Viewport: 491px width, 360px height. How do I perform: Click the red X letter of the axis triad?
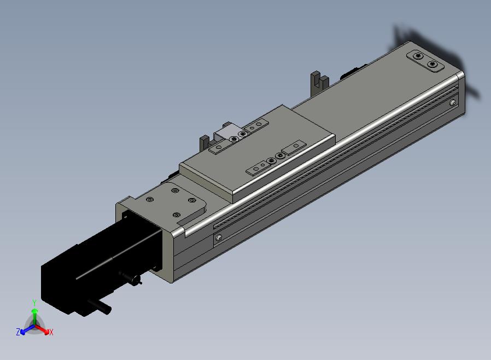tap(51, 332)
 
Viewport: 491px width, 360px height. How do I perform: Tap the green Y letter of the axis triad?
tap(34, 303)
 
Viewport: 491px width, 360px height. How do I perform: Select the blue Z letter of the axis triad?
tap(18, 332)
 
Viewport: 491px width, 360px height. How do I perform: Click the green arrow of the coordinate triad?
tap(35, 317)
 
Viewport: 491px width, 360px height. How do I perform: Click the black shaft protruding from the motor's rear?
tap(100, 306)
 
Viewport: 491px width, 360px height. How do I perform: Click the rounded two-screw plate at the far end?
tap(425, 61)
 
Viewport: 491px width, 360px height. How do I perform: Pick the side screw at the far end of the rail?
tap(453, 102)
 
